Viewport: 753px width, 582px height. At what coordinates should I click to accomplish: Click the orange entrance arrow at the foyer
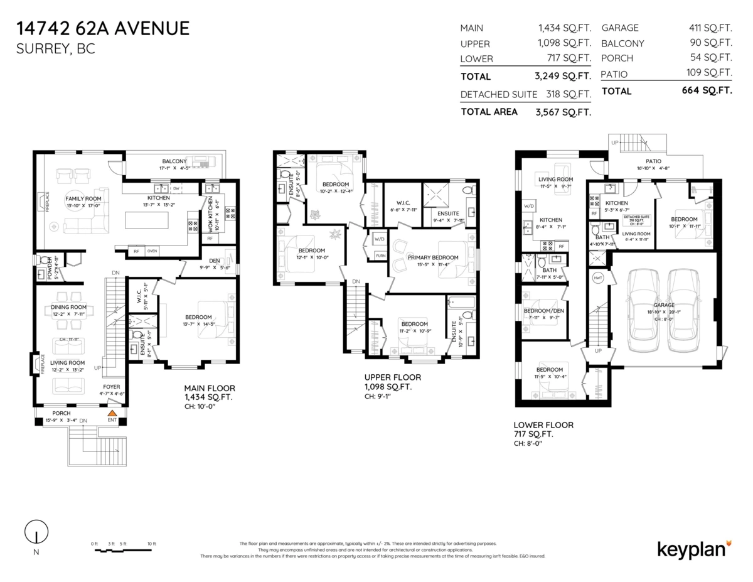(112, 414)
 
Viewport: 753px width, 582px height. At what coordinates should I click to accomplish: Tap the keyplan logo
(694, 548)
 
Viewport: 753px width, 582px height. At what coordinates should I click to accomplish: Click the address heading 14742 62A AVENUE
(103, 28)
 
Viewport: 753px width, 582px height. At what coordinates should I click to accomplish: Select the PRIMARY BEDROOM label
(433, 257)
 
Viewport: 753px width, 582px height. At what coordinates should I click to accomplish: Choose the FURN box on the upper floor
(380, 256)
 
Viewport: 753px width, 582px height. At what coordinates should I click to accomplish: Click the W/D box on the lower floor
(528, 206)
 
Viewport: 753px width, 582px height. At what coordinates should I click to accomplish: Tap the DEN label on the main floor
(214, 261)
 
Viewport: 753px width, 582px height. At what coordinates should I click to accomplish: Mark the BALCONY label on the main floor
(174, 161)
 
